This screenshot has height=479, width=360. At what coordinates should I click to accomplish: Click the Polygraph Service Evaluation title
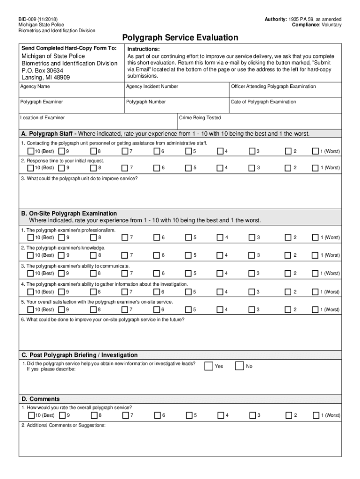(x=180, y=37)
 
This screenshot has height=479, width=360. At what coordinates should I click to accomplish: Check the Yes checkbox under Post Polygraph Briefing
(x=208, y=366)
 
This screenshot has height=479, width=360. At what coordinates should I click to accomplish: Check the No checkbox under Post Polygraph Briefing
(x=239, y=366)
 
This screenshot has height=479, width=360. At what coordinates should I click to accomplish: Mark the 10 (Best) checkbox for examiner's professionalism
(x=31, y=238)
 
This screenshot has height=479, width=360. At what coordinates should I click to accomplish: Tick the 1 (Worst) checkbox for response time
(x=316, y=167)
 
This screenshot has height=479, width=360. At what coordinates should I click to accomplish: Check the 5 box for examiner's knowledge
(x=188, y=255)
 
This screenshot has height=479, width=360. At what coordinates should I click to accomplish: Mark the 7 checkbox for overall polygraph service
(x=125, y=415)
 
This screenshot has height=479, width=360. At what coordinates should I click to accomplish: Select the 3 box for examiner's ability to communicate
(x=252, y=273)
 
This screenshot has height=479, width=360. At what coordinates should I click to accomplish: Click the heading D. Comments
(x=41, y=399)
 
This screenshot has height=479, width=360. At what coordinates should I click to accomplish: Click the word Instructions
(x=144, y=49)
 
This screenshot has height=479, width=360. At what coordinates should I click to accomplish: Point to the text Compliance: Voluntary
(x=317, y=25)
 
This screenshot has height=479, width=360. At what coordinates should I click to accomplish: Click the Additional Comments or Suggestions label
(x=63, y=425)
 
